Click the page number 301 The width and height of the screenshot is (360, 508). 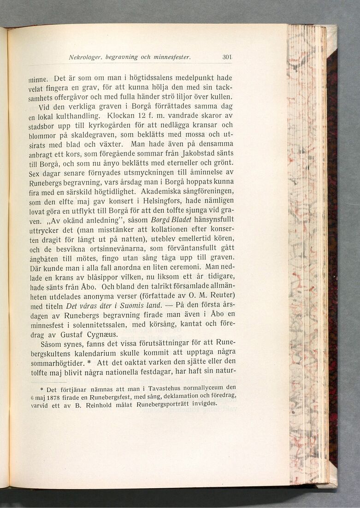(227, 58)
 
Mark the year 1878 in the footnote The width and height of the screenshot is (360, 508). (47, 397)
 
